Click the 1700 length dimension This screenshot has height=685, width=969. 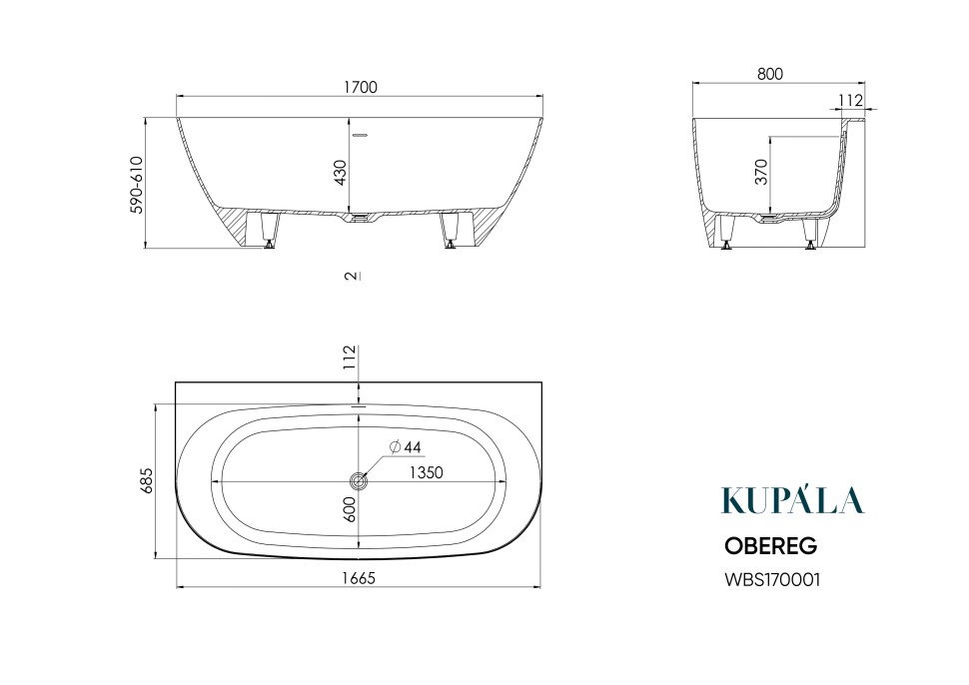pyautogui.click(x=361, y=87)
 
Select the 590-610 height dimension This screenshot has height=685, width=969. pyautogui.click(x=136, y=185)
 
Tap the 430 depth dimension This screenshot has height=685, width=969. pyautogui.click(x=340, y=173)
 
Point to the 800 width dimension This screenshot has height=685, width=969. pyautogui.click(x=770, y=74)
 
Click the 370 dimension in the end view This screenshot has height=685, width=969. pyautogui.click(x=761, y=171)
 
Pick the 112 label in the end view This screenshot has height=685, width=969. pyautogui.click(x=850, y=100)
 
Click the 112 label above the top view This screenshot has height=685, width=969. pyautogui.click(x=351, y=357)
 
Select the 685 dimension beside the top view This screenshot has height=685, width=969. pyautogui.click(x=147, y=480)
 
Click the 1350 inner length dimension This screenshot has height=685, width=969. pyautogui.click(x=427, y=472)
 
